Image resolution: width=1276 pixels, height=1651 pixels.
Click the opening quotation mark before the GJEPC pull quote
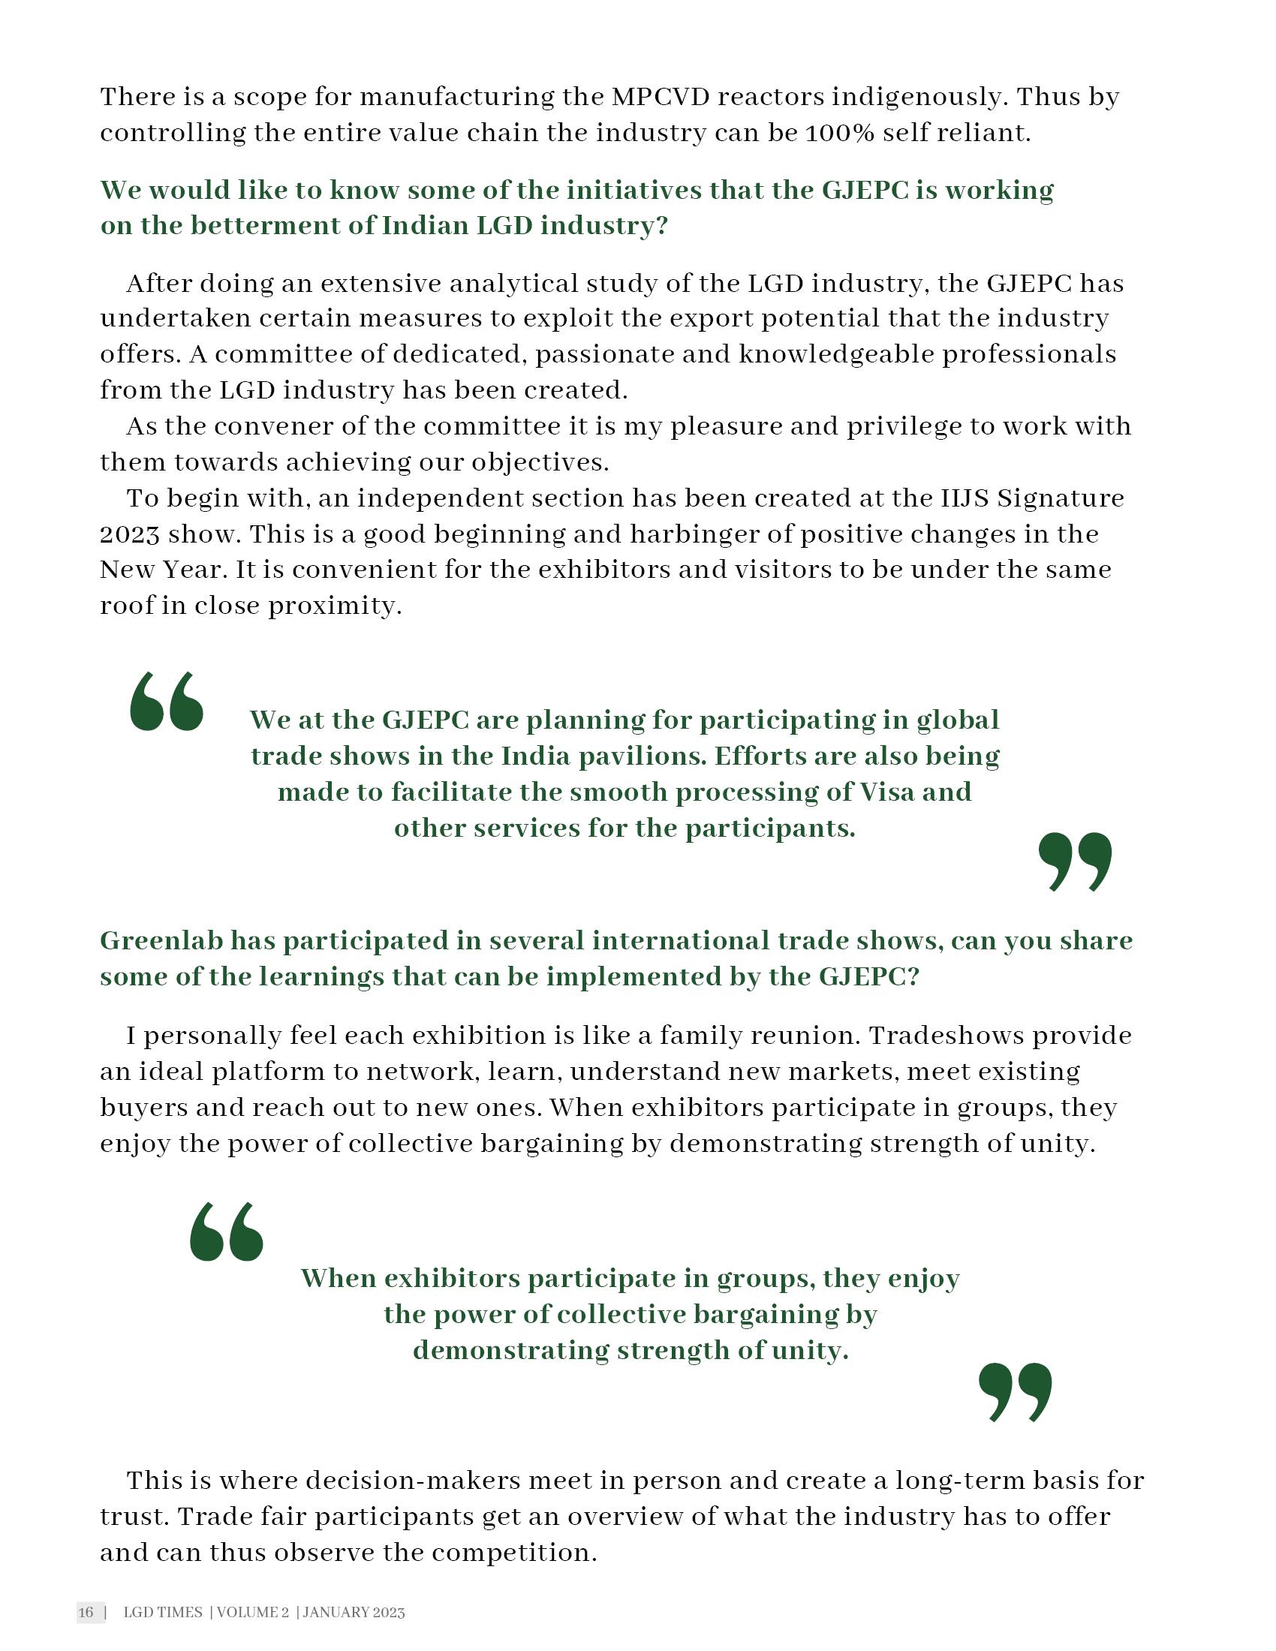coord(167,702)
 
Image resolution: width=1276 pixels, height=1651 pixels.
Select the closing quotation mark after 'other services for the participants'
coord(1074,862)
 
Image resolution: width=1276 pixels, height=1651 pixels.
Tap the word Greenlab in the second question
coord(161,941)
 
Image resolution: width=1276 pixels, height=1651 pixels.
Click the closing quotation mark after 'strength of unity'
coord(1015,1391)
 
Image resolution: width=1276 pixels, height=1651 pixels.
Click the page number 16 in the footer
coord(86,1613)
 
